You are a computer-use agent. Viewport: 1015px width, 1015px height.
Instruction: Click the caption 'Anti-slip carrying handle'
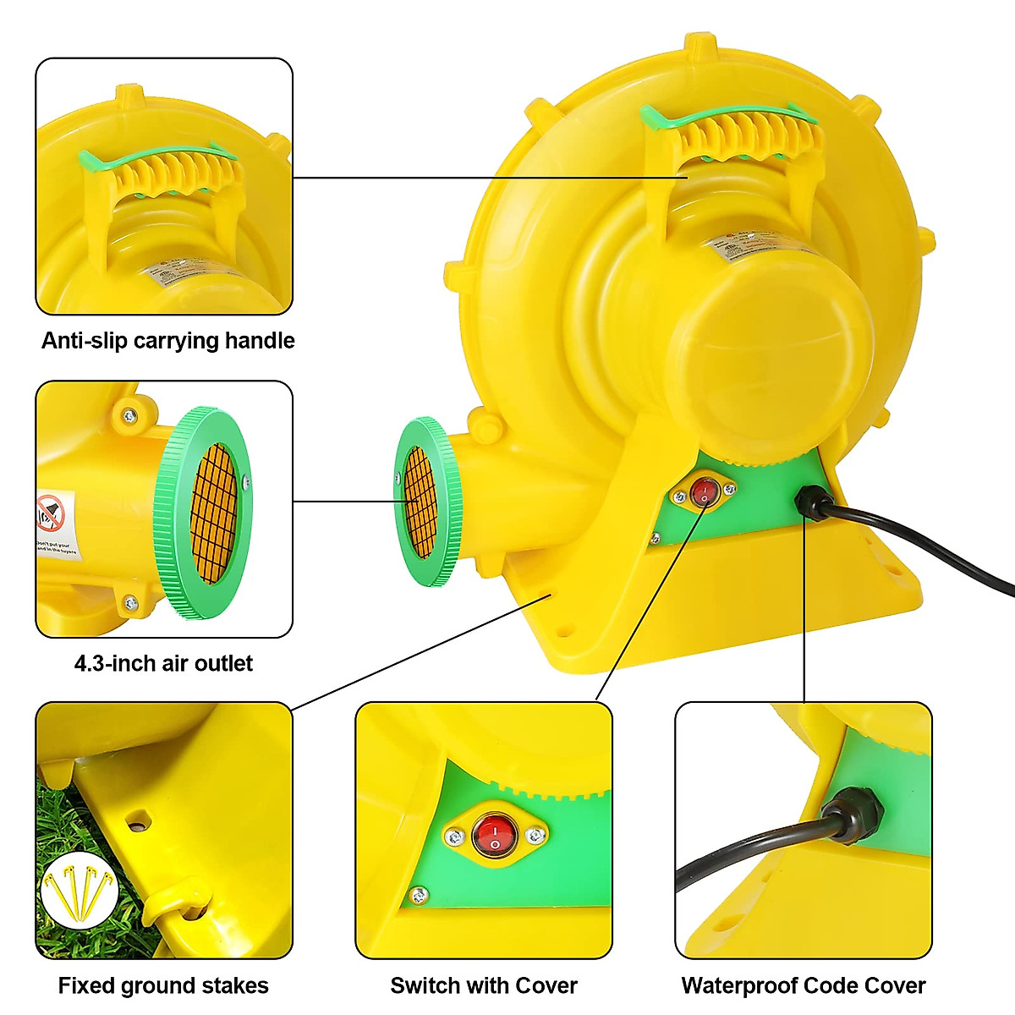167,341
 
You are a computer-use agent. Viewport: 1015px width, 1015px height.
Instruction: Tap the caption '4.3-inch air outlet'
163,663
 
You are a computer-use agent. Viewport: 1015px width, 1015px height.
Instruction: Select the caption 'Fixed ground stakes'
163,985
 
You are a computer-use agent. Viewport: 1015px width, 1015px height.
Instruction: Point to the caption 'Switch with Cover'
484,985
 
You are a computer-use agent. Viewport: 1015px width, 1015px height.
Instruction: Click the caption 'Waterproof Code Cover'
804,985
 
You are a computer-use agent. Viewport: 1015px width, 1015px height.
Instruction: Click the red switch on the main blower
703,491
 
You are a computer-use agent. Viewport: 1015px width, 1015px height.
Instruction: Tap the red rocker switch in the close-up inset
495,835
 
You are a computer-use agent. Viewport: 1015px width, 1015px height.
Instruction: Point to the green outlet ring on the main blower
427,502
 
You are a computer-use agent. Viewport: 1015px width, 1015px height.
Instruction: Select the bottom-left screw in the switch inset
418,894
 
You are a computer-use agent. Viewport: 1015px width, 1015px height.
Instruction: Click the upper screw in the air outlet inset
129,416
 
